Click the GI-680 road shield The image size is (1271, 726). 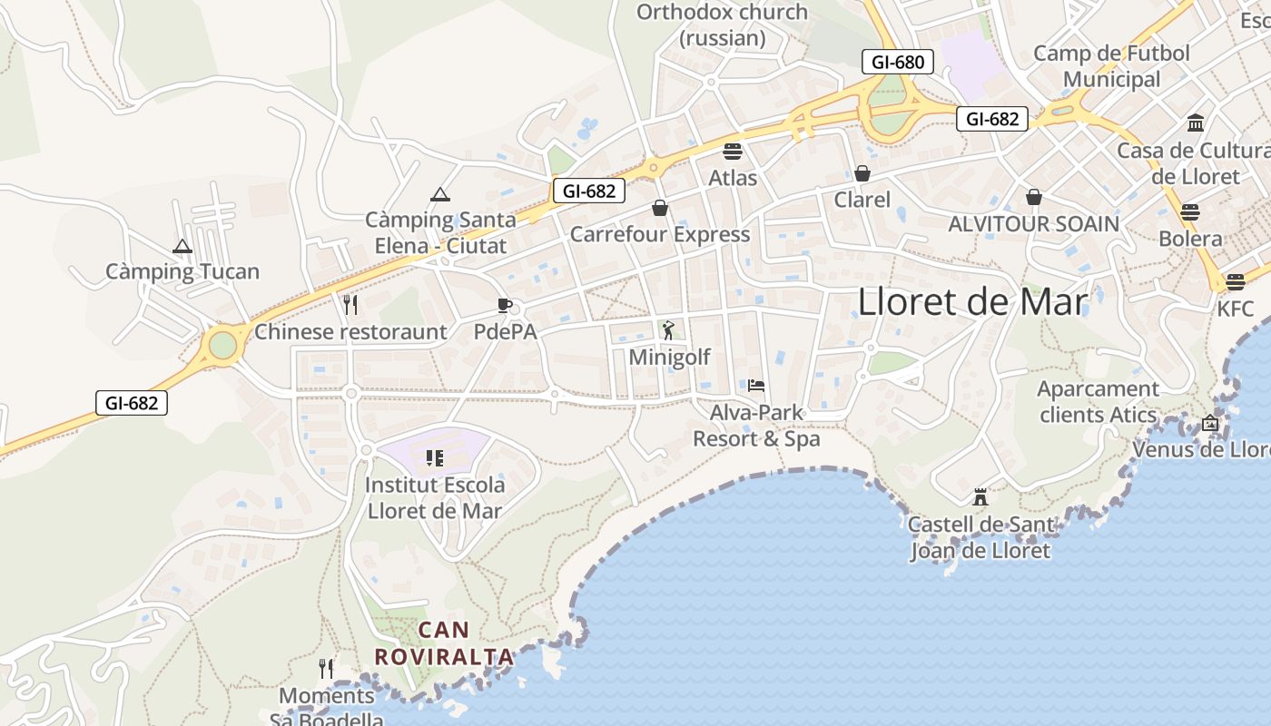(897, 62)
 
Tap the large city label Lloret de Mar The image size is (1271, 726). (972, 301)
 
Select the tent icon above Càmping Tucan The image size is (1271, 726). (182, 246)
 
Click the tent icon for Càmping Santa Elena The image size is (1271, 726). (440, 194)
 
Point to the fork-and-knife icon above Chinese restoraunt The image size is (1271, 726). (350, 304)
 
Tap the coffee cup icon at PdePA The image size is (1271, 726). (505, 305)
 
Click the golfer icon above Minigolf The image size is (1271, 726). (669, 329)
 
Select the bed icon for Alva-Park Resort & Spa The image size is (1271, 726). (756, 386)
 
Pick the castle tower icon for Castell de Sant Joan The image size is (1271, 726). (980, 496)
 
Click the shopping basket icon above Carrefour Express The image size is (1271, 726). (660, 208)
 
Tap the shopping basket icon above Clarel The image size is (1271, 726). (862, 172)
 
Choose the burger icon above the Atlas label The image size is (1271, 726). (733, 151)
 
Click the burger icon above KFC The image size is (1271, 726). (1235, 281)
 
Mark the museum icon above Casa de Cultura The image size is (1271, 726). (1196, 123)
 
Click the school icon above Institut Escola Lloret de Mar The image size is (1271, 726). (434, 458)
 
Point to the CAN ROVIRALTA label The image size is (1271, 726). (445, 643)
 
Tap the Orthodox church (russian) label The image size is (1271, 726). (723, 25)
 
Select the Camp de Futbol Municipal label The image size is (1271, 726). (1111, 66)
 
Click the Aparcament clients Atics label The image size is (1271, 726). (1099, 402)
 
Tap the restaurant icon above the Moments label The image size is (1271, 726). (326, 669)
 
